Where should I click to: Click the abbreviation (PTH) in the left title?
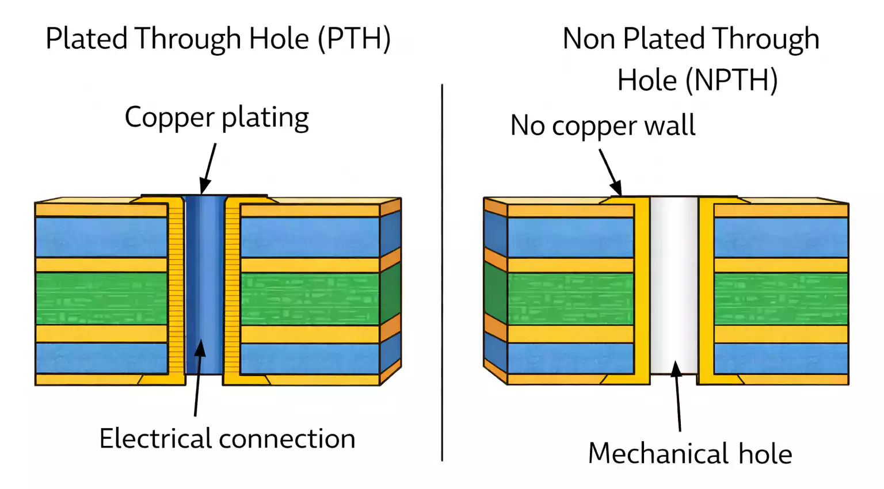pos(355,39)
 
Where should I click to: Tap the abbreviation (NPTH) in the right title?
pos(730,80)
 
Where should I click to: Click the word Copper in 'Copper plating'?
pos(169,117)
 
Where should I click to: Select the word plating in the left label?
pos(265,117)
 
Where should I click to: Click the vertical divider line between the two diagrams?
pos(442,273)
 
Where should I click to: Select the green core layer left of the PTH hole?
pos(101,298)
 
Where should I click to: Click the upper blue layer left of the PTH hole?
pos(101,237)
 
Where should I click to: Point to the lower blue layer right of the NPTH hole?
pos(780,358)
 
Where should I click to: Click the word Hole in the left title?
pos(279,39)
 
